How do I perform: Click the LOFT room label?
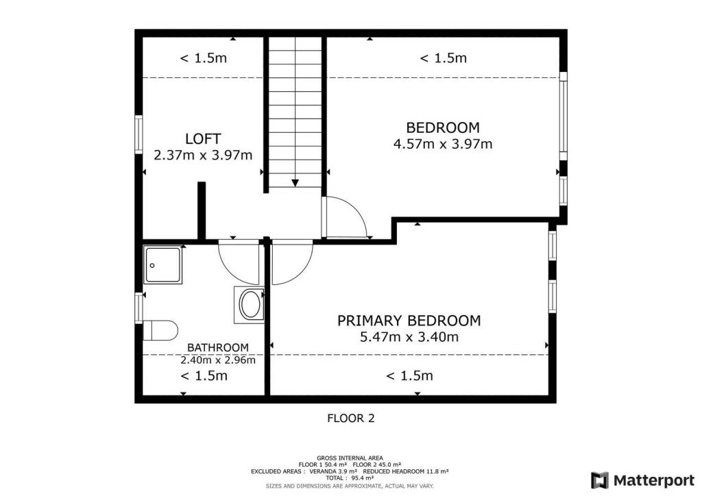point(203,138)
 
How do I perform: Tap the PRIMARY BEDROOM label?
point(409,321)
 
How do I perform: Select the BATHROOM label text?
point(217,347)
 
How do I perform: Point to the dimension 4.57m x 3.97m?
point(443,144)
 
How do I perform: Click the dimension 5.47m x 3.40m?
point(409,337)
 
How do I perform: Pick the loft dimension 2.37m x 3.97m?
point(203,156)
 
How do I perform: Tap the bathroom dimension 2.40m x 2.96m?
point(217,360)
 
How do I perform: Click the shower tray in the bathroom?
point(163,264)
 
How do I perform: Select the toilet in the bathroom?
point(160,330)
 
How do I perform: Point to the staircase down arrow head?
point(295,183)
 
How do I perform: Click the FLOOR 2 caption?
point(350,418)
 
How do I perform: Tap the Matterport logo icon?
point(599,480)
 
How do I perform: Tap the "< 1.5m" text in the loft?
point(203,58)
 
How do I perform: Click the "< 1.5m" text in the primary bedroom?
point(409,375)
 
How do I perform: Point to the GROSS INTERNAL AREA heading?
point(350,458)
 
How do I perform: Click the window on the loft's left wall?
point(138,135)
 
